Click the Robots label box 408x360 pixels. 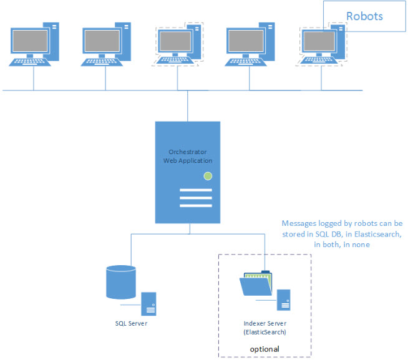point(364,16)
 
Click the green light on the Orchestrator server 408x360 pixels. point(207,177)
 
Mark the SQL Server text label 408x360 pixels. point(131,324)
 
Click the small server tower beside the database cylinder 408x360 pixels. point(148,303)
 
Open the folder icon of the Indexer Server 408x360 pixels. point(256,285)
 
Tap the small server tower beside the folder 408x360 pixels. point(284,299)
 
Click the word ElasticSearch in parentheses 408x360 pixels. point(265,333)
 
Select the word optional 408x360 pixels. point(265,349)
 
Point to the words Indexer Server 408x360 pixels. point(265,324)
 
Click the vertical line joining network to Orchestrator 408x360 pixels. point(188,106)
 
